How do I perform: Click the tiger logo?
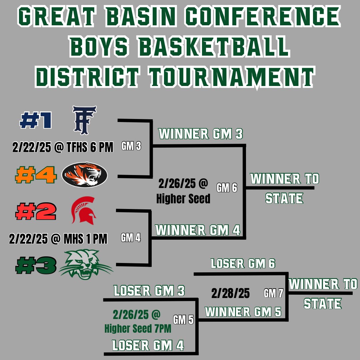click(x=85, y=175)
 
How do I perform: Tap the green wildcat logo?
click(x=86, y=265)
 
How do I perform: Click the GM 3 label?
click(x=131, y=147)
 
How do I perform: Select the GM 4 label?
click(x=131, y=238)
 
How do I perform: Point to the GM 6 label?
click(x=227, y=188)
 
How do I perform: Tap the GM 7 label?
click(x=273, y=293)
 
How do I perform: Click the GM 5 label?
click(x=183, y=320)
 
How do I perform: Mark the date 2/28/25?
click(x=230, y=293)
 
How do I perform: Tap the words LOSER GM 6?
click(x=243, y=264)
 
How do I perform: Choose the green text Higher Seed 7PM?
click(x=138, y=329)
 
